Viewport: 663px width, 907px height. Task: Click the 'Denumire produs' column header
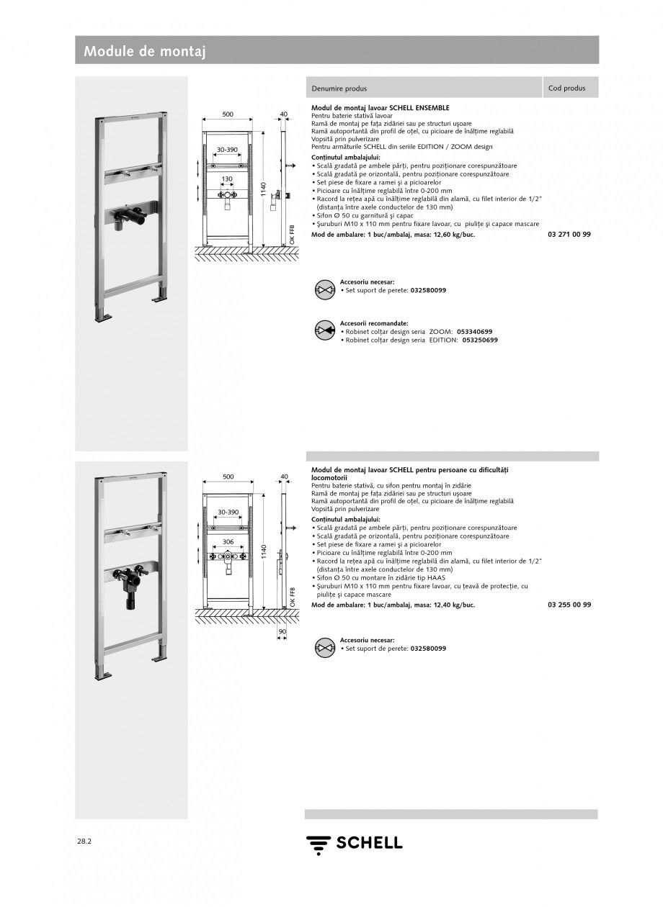(339, 89)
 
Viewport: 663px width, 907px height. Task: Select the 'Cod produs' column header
(566, 89)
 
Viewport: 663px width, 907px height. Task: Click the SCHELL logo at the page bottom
(354, 843)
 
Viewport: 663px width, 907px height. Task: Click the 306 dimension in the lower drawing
(228, 541)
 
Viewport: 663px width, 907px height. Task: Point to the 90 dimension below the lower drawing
(282, 631)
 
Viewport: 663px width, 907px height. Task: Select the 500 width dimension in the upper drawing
(228, 114)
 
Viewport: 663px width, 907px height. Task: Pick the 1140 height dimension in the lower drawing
(264, 553)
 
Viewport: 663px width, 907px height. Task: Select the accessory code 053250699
(479, 339)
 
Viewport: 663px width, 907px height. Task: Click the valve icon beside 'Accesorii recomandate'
(325, 331)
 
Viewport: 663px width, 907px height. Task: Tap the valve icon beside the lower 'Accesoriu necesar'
(325, 648)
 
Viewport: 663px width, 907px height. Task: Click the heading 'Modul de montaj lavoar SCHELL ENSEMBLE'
(380, 107)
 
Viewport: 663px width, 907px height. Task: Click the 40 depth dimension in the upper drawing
(283, 114)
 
